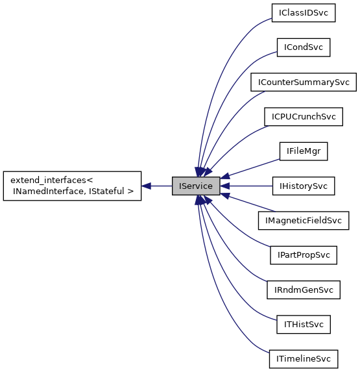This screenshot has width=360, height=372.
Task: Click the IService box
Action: point(195,186)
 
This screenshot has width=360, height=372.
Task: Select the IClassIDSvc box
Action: point(304,13)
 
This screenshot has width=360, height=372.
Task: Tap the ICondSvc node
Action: point(304,47)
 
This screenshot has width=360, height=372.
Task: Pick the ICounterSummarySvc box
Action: point(304,82)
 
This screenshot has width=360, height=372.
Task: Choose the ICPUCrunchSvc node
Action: point(304,117)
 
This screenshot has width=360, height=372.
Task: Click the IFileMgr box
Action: point(304,151)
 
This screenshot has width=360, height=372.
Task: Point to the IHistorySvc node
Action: point(304,186)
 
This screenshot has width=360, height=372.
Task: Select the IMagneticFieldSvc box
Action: point(304,220)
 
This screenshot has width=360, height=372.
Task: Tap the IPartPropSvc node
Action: point(304,255)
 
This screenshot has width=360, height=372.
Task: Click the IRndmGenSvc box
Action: point(304,290)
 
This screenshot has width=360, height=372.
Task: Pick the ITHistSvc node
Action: point(304,324)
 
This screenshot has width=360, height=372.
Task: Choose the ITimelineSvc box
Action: point(304,358)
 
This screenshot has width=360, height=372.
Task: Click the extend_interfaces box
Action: point(72,186)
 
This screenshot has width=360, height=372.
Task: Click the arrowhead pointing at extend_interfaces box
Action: point(147,186)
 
